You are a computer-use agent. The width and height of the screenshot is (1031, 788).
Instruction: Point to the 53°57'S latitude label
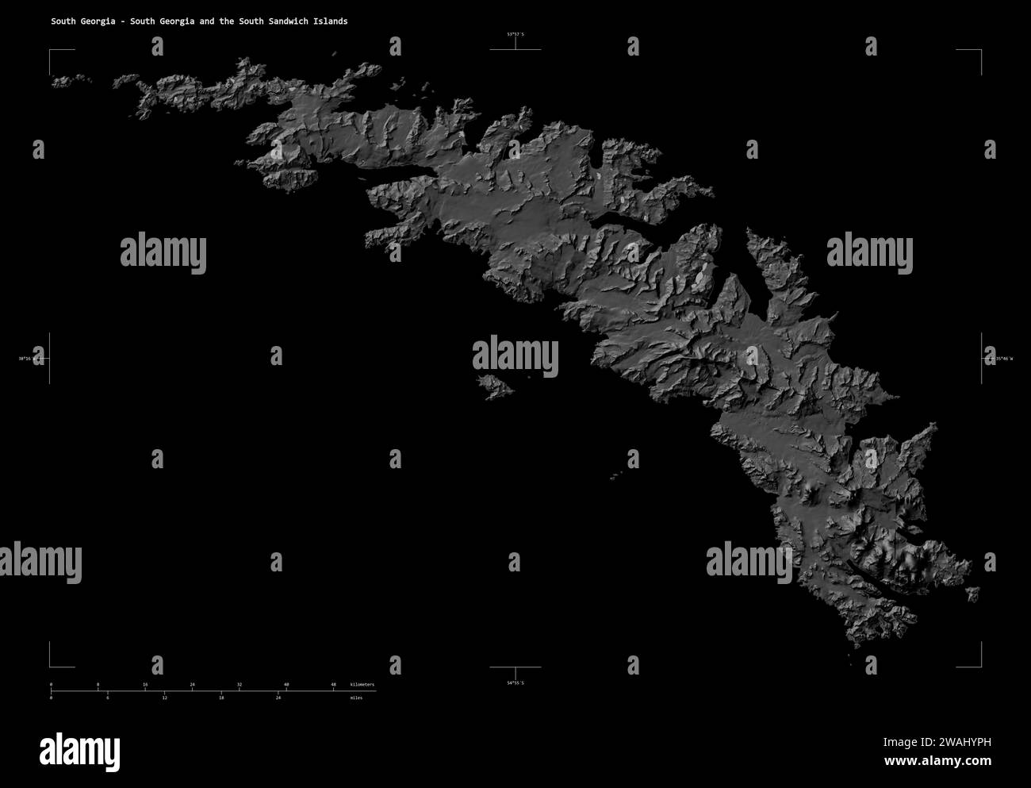(x=515, y=34)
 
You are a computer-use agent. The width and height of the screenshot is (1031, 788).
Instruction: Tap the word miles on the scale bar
(x=356, y=698)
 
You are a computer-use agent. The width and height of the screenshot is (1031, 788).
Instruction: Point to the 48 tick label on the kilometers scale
(x=333, y=684)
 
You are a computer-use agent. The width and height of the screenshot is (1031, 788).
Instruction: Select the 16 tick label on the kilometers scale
(x=145, y=684)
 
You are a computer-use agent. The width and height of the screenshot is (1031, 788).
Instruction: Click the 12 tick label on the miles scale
(x=164, y=698)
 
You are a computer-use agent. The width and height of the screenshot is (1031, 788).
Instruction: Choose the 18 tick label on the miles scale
(x=221, y=698)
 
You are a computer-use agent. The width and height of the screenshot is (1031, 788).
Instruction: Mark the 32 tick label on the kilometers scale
(x=239, y=684)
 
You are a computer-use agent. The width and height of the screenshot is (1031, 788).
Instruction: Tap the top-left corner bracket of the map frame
(x=51, y=51)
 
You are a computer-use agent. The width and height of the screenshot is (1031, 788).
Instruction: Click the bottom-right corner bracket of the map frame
(x=980, y=666)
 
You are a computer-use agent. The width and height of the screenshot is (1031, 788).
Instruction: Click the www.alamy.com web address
(x=937, y=762)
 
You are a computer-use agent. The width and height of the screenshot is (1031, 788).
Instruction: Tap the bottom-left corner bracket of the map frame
(x=51, y=666)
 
